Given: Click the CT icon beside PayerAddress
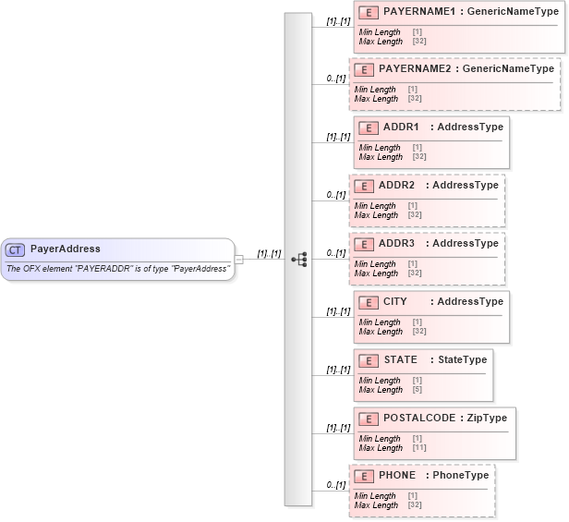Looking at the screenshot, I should click(x=16, y=249).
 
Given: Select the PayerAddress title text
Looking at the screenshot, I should click(x=65, y=249).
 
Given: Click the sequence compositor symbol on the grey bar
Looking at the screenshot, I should click(x=298, y=260).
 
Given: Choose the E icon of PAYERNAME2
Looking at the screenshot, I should click(x=364, y=69).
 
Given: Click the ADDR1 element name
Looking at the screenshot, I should click(x=401, y=127).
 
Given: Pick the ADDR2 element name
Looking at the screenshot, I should click(x=396, y=185).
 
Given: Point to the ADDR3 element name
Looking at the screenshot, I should click(x=396, y=243).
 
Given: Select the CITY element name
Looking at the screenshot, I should click(x=394, y=301).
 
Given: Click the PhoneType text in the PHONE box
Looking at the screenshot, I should click(x=460, y=475).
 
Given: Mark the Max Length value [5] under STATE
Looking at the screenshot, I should click(x=418, y=390).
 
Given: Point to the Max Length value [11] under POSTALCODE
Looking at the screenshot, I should click(x=419, y=448).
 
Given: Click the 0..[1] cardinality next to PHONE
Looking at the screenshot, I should click(x=336, y=485).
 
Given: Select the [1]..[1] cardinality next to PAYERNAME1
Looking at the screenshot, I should click(x=338, y=20).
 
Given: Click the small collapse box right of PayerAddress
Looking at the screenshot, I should click(x=239, y=260).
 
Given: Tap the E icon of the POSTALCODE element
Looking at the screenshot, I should click(x=369, y=418).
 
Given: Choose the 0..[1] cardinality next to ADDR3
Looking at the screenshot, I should click(x=336, y=253).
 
